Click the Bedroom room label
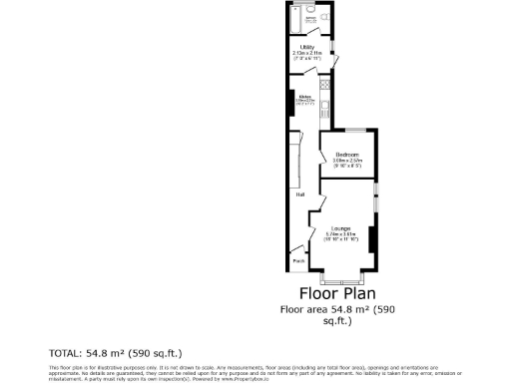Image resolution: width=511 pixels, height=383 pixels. (x=346, y=155)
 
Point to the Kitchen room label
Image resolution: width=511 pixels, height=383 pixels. (x=305, y=97)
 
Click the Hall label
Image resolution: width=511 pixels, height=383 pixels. (x=299, y=194)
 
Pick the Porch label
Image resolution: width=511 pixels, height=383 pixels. (x=298, y=261)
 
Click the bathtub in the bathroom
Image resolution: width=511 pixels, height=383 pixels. (x=292, y=21)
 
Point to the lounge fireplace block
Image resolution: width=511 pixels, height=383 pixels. (x=371, y=240)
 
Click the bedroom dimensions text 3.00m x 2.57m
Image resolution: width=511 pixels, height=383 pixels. (x=346, y=162)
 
